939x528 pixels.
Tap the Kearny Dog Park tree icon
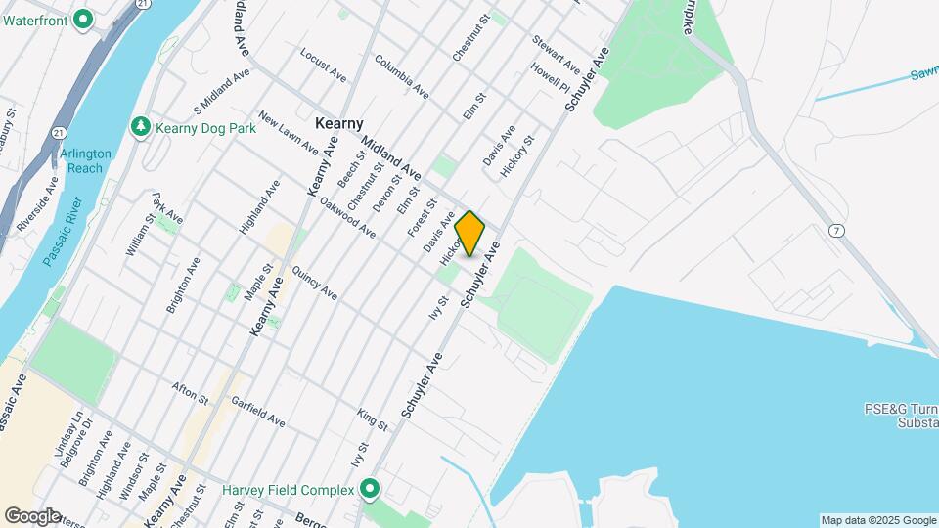141,127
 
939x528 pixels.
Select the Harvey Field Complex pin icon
370,488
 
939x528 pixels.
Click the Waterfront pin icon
83,19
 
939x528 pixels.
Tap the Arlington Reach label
86,160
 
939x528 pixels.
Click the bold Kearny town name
339,124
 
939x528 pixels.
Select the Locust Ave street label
324,65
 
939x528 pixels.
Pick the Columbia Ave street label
401,74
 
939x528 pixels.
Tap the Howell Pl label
549,77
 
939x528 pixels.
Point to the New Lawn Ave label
288,133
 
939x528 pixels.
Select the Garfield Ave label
257,413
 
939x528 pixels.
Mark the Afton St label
190,393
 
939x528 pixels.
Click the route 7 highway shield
835,231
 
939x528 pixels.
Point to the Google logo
33,515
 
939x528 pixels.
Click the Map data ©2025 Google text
876,519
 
